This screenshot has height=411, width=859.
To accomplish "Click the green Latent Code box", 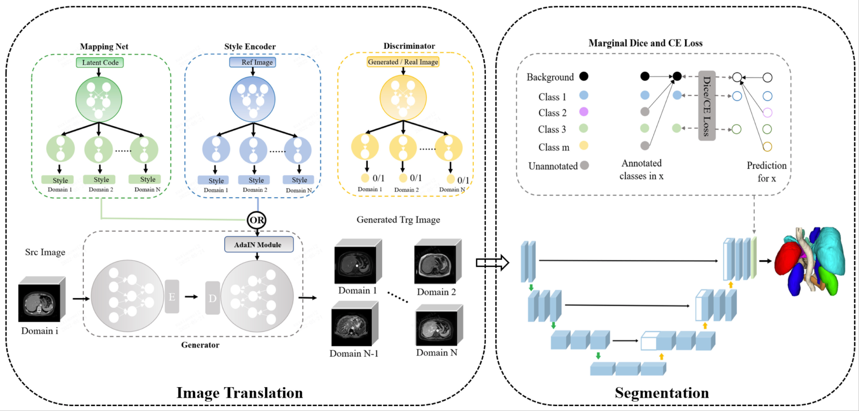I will click(x=100, y=62).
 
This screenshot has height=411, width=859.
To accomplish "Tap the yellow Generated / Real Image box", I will click(x=403, y=62).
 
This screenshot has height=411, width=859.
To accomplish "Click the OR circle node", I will click(x=257, y=220).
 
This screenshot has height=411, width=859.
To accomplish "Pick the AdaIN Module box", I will click(x=259, y=245).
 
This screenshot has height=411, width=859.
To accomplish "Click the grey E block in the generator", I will click(x=172, y=296).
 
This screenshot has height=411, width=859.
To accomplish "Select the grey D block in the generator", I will click(x=213, y=298).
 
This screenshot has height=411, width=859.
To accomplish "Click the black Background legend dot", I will click(x=584, y=76).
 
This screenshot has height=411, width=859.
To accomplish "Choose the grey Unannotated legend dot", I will click(x=584, y=165).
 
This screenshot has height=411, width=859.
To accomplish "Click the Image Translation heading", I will click(x=239, y=392).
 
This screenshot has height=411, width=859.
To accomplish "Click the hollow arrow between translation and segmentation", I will click(x=492, y=263).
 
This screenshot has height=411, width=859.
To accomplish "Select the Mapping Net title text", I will click(x=104, y=46).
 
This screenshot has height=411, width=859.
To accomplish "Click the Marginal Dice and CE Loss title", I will click(x=645, y=43).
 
